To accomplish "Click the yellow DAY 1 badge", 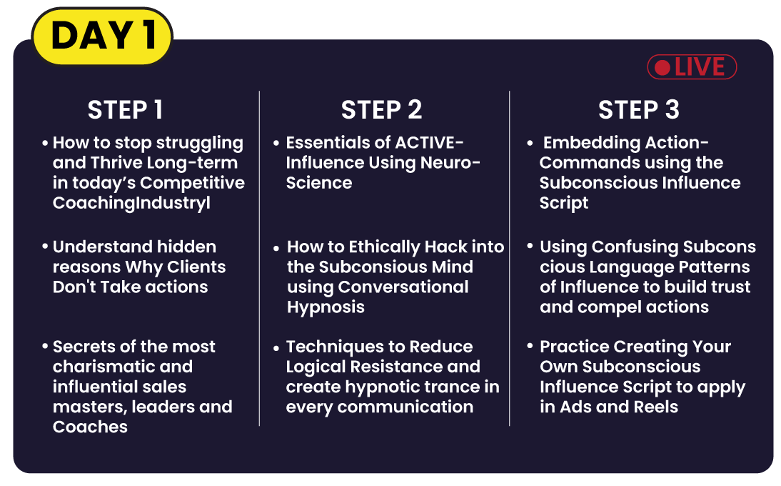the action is point(102,36).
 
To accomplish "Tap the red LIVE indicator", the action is point(692,66).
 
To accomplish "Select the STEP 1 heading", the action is point(125,109).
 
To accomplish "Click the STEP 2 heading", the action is point(381,109).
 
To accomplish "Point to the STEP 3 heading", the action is point(638,109).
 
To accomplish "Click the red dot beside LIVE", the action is point(662,67).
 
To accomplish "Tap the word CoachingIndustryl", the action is point(131,204).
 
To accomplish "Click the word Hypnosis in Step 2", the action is point(326,307).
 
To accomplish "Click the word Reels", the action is point(656,407).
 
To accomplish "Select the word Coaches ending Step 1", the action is point(90,427).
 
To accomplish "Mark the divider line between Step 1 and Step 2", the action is point(260,258).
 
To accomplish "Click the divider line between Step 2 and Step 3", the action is point(510,258).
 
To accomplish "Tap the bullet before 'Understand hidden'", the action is point(45,247).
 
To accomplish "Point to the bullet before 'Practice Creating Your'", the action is point(530,345).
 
